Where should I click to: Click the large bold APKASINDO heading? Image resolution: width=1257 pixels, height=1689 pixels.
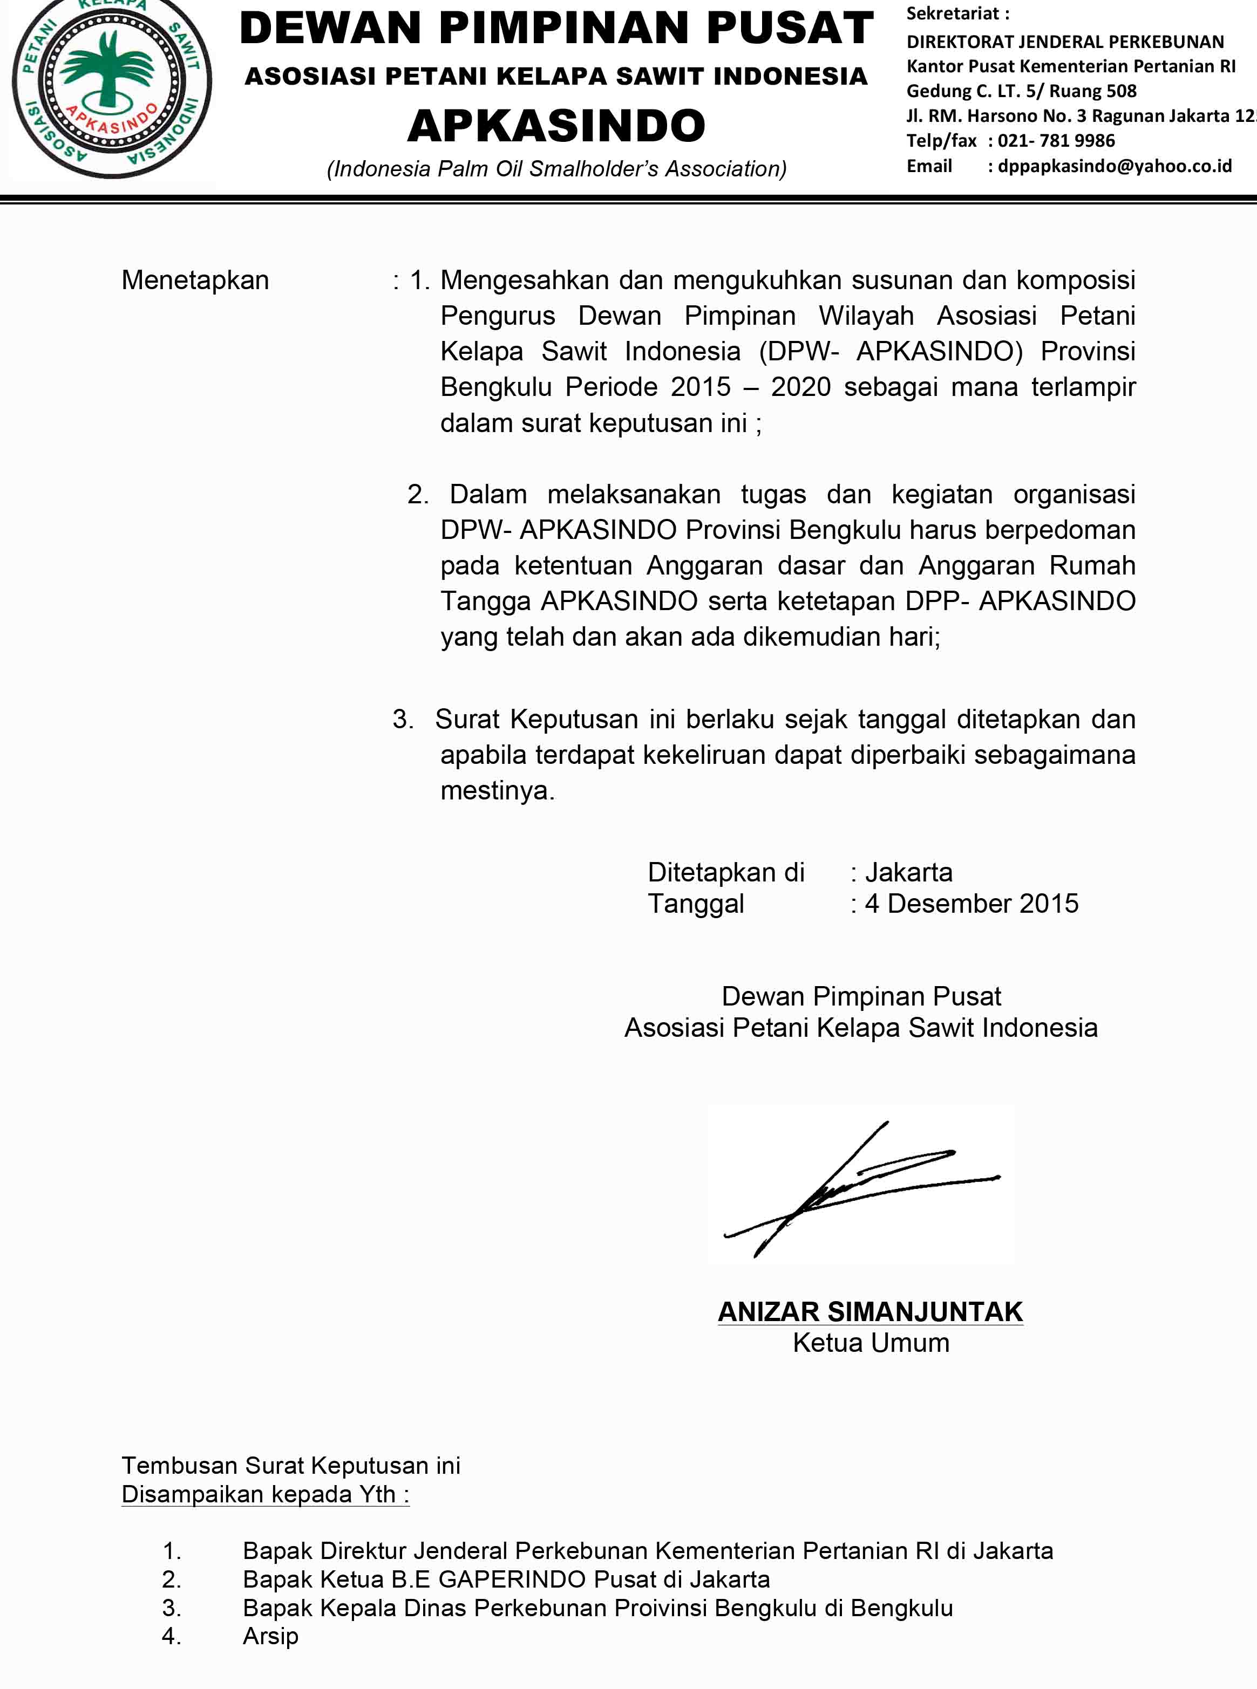[556, 126]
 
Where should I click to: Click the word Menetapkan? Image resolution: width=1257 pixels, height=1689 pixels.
[195, 281]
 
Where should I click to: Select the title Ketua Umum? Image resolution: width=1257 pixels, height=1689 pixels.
[871, 1343]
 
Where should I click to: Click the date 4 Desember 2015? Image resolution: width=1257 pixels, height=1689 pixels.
[971, 904]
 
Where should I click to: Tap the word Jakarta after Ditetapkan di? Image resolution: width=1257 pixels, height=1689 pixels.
[908, 872]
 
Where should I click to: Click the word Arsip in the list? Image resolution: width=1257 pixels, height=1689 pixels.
[270, 1636]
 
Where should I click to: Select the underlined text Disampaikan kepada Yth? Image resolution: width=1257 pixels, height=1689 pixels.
[265, 1494]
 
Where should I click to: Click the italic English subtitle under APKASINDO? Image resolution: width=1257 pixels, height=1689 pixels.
[556, 169]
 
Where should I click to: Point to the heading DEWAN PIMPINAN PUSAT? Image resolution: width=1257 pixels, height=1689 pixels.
[556, 29]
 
